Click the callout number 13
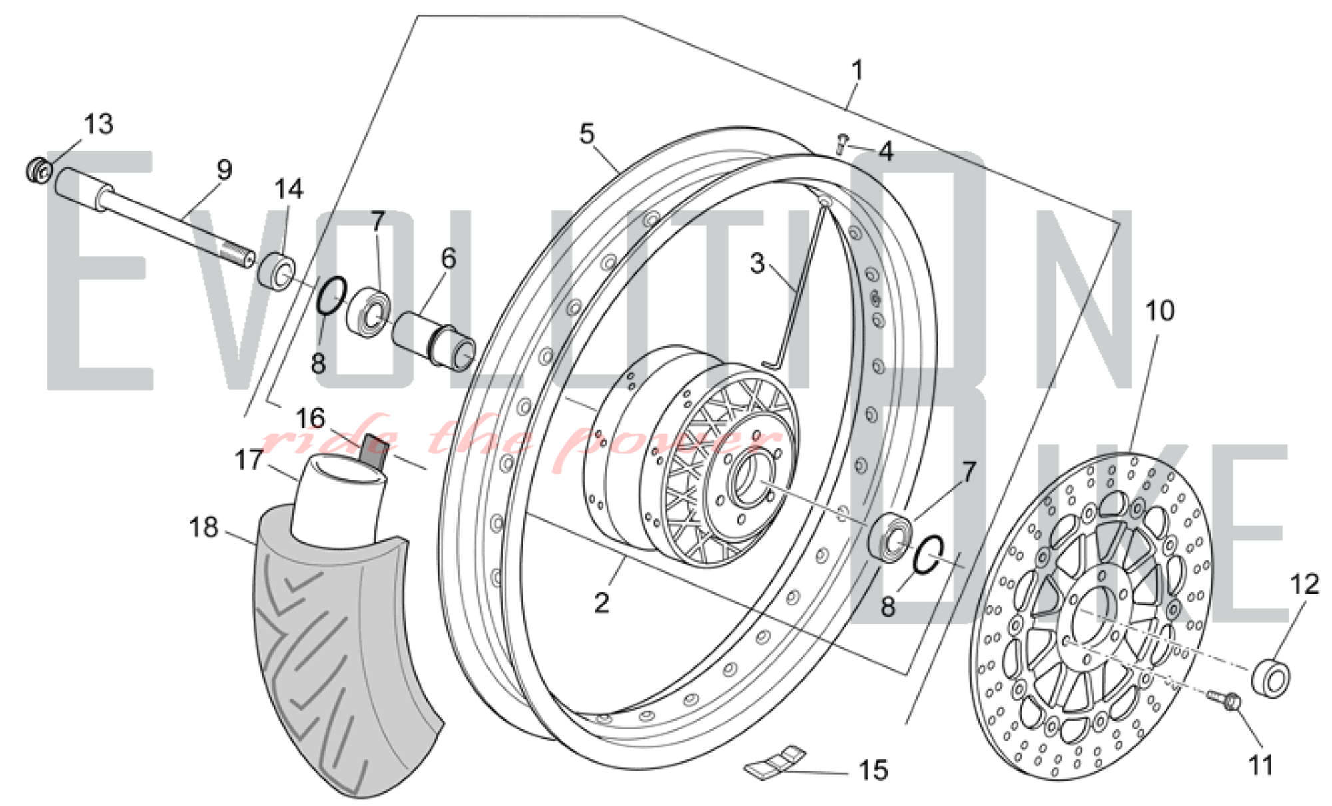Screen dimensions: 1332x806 point(99,124)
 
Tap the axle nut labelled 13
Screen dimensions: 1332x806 point(39,171)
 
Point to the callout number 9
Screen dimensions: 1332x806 point(224,169)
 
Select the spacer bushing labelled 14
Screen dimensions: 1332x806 point(276,270)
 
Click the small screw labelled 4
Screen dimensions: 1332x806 point(842,143)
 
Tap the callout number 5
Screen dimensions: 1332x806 point(586,134)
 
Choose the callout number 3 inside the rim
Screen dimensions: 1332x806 point(757,264)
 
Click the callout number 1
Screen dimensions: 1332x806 point(858,70)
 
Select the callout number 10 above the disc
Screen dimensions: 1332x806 point(1160,310)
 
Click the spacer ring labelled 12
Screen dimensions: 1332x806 point(1271,677)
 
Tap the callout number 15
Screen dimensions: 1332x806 point(873,771)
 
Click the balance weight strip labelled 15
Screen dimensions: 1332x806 point(775,760)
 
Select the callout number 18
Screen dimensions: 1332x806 point(204,528)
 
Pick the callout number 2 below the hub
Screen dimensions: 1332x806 point(601,603)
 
